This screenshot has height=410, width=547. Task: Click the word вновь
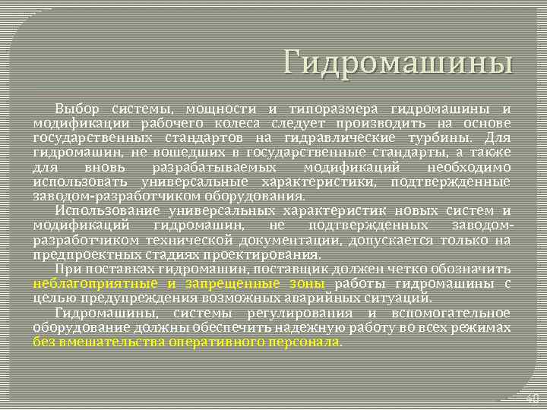click(101, 166)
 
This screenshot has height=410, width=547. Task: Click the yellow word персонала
click(299, 342)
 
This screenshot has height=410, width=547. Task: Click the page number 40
click(532, 398)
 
